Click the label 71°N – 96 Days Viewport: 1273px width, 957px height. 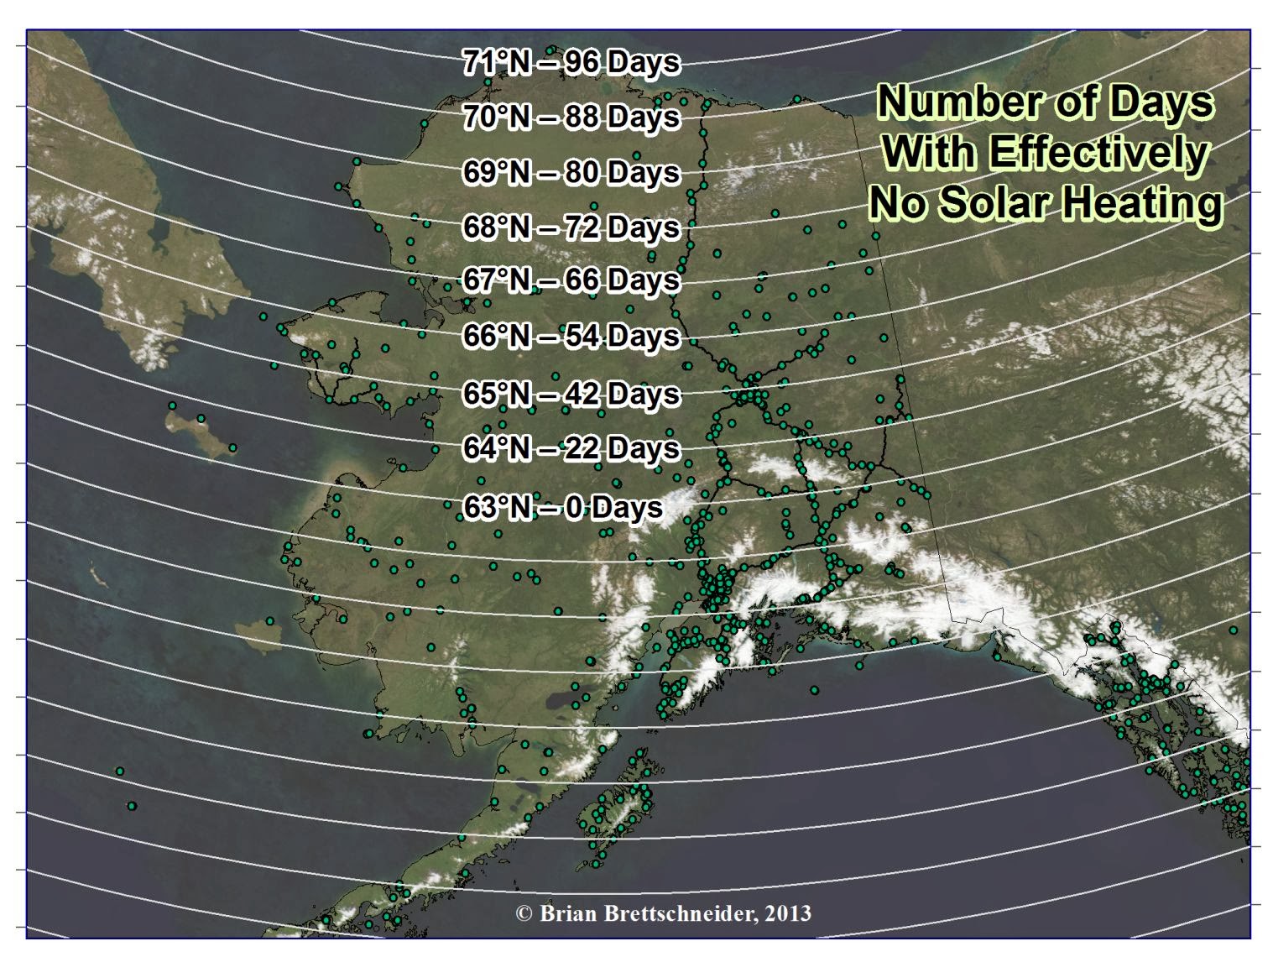571,62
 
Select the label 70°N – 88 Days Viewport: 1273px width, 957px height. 571,117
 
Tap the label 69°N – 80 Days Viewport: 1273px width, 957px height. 571,172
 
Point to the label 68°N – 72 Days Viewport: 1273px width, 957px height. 571,227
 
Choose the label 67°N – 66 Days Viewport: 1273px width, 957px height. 571,280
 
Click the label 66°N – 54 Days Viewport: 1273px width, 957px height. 571,336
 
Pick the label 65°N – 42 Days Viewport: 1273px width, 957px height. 571,394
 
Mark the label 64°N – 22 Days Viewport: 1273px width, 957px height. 571,448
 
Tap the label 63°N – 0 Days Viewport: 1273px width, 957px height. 562,508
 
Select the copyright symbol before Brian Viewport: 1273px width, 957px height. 524,913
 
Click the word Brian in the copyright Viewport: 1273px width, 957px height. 564,913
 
